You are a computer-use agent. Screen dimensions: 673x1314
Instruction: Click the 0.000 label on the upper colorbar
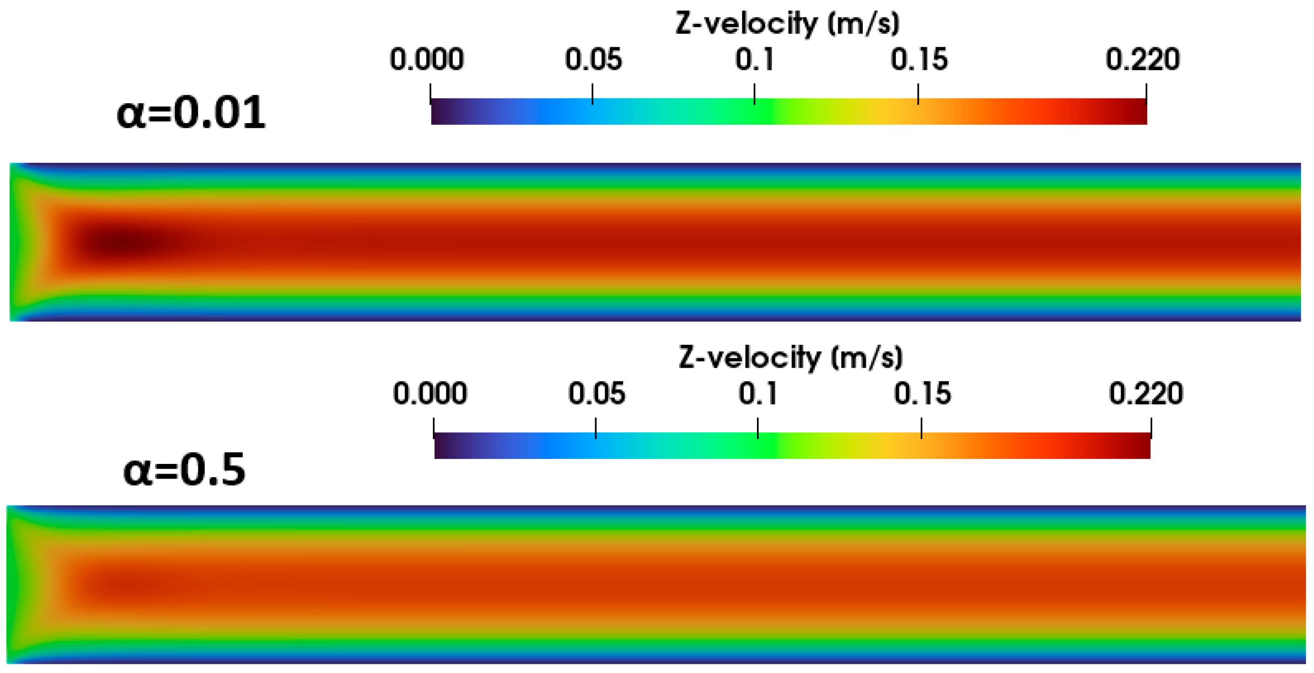coord(426,60)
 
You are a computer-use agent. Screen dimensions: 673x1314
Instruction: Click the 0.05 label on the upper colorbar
coord(593,60)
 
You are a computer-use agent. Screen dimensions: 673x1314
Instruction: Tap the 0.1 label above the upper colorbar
coord(754,60)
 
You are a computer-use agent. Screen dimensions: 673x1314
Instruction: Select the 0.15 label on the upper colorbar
coord(919,60)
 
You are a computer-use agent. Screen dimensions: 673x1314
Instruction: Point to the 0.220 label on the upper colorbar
coord(1142,60)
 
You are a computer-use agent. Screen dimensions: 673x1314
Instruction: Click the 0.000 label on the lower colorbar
coord(429,394)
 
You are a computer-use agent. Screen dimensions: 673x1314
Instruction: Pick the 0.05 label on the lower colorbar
coord(596,394)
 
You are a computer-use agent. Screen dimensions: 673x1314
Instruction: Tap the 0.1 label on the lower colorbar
coord(757,394)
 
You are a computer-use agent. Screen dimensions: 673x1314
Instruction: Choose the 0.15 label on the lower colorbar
coord(922,394)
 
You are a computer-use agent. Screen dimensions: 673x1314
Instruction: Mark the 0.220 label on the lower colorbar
coord(1146,394)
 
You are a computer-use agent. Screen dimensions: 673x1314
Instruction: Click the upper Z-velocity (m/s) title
coord(787,23)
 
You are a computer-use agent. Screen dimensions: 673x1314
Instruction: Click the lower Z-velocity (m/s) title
coord(791,357)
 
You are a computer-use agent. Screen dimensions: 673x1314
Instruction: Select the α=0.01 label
coord(191,112)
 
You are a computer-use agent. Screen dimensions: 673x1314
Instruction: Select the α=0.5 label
coord(184,470)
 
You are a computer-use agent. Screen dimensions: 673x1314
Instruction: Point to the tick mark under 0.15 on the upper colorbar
coord(918,94)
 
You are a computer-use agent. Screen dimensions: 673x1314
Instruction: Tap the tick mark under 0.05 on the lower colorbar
coord(596,428)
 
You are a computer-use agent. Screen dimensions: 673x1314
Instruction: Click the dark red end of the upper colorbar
coord(1135,111)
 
